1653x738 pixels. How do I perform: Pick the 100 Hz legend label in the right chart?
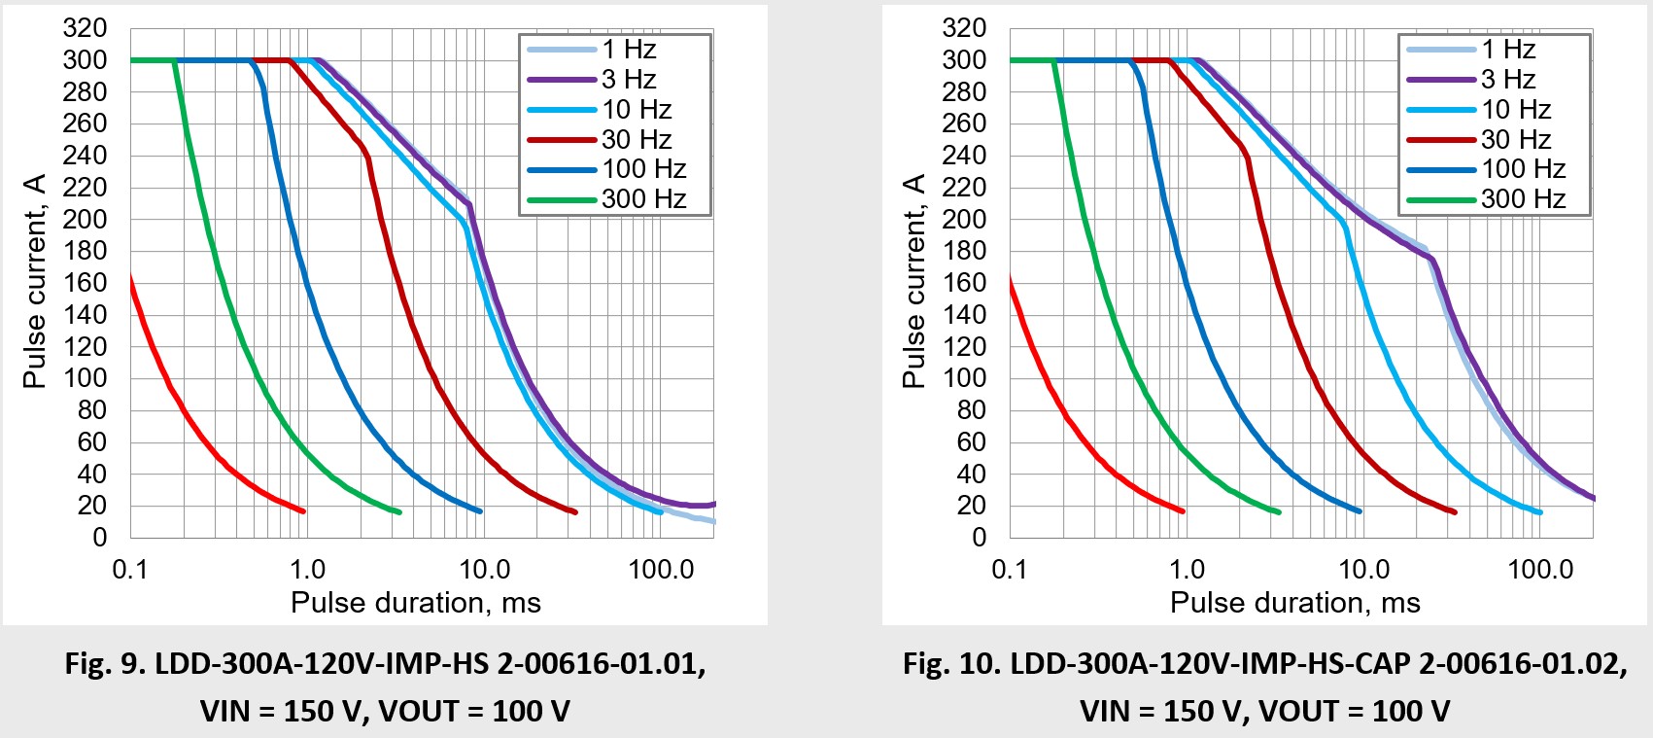coord(1523,169)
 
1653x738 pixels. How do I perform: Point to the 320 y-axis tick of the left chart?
coord(85,28)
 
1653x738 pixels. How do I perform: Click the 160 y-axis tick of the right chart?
coord(964,283)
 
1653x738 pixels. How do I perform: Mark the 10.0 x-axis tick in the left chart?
coord(484,570)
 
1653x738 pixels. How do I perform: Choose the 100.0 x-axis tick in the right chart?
coord(1540,570)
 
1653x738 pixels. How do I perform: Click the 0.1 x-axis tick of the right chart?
coord(1010,570)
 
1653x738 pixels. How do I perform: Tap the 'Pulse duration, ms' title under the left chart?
coord(415,603)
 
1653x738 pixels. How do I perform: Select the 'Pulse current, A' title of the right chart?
coord(913,281)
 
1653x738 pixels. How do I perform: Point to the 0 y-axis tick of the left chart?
coord(99,538)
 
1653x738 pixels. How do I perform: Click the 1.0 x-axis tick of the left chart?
coord(307,570)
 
